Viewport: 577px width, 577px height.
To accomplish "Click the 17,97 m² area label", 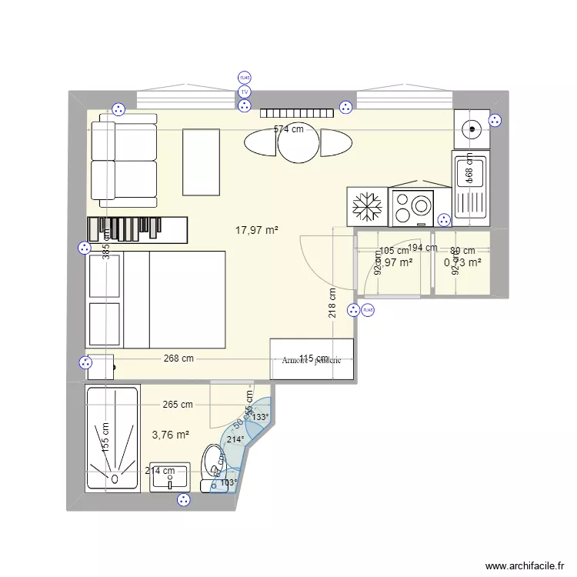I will (x=257, y=229).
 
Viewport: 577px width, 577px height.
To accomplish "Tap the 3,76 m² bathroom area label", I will (x=171, y=435).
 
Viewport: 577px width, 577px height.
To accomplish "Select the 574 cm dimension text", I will (x=288, y=130).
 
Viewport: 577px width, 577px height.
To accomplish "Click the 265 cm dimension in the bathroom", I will (x=178, y=405).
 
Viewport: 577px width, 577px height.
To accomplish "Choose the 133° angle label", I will (x=261, y=418).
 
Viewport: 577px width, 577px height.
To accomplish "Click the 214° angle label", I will (x=235, y=440).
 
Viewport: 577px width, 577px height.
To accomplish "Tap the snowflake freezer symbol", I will (x=367, y=207).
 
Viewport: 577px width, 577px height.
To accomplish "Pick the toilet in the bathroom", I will (x=212, y=468).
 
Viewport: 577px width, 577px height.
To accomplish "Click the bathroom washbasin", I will (x=169, y=478).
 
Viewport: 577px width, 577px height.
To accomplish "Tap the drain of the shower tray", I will (x=112, y=478).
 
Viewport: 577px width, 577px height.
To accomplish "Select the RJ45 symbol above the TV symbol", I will (x=245, y=78).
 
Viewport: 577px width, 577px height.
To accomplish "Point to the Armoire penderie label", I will (x=311, y=360).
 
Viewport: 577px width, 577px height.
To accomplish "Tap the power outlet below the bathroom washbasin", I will (x=184, y=500).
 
